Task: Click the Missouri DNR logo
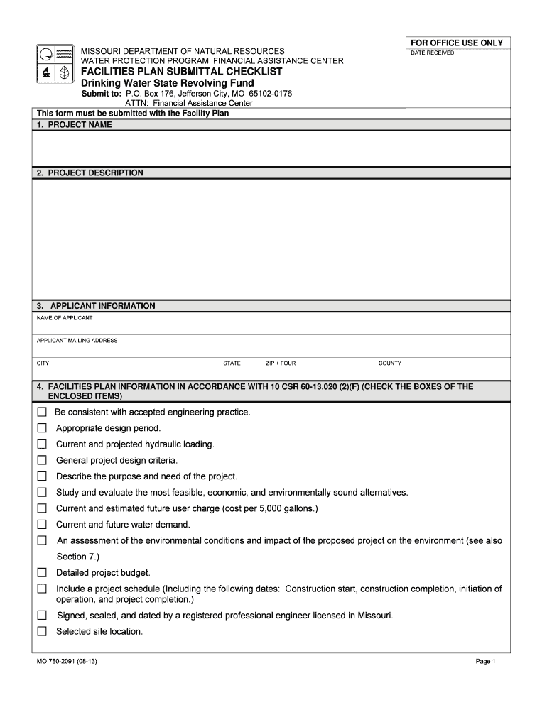tap(53, 64)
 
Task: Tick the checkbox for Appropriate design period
tap(42, 428)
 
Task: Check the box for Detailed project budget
tap(42, 572)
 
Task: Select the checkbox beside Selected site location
tap(42, 631)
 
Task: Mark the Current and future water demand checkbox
tap(42, 525)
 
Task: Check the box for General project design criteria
tap(42, 460)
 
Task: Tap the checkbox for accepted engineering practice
tap(42, 412)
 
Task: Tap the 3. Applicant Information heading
tap(96, 306)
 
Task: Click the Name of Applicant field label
tap(65, 318)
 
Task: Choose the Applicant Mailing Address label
tap(77, 341)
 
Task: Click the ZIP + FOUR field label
tap(281, 363)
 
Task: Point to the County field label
tap(390, 363)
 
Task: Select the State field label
tap(232, 363)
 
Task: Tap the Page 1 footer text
tap(485, 662)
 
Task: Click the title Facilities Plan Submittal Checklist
tap(180, 72)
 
